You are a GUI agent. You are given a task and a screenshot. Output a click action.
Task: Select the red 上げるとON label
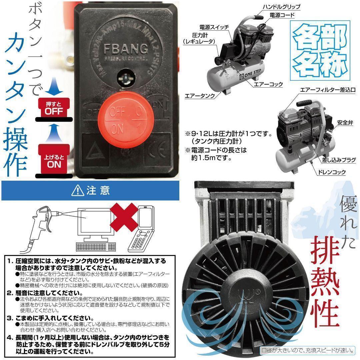click(54, 160)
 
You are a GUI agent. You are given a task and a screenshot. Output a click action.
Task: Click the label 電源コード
click(282, 15)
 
